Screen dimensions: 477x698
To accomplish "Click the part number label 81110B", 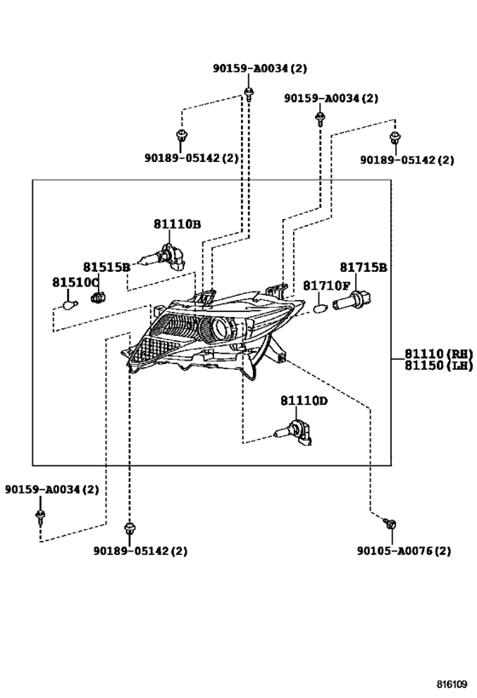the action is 177,224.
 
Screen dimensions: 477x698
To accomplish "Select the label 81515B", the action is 106,267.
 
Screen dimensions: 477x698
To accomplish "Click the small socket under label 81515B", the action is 98,297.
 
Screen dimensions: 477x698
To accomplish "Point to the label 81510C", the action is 76,283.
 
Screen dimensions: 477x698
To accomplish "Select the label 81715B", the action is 364,268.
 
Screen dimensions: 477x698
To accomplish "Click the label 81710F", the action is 327,286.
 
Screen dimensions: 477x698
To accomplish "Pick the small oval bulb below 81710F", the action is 320,308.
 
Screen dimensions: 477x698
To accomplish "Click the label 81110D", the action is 304,401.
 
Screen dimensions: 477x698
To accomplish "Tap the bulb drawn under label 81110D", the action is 293,432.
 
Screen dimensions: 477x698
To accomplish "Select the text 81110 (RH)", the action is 439,354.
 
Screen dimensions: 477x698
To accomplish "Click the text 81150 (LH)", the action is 439,366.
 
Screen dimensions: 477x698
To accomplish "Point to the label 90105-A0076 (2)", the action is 404,551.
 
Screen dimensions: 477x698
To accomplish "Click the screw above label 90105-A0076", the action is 390,523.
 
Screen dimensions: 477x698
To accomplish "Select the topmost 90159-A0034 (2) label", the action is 260,68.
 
